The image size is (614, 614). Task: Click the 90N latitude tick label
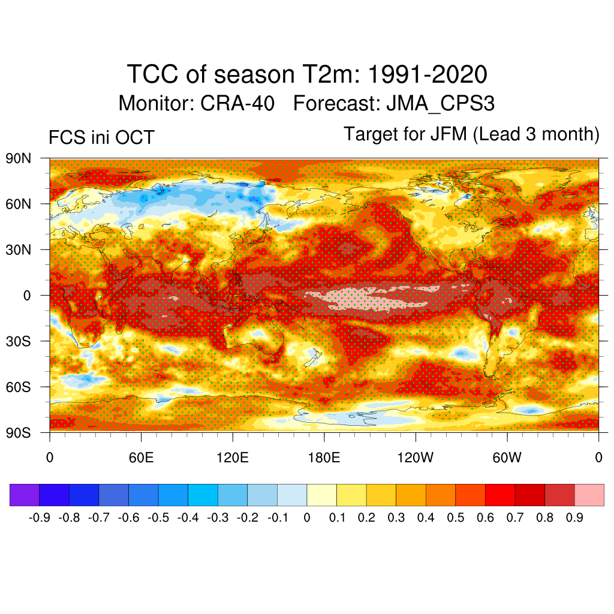[19, 159]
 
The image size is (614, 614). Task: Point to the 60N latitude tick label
[19, 204]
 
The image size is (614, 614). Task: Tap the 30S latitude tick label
[19, 341]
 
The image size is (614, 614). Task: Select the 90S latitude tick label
[19, 432]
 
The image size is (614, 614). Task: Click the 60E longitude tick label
[141, 458]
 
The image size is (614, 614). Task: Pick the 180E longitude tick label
[324, 458]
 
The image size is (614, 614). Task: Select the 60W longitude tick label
[507, 458]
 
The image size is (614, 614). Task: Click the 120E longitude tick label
[232, 458]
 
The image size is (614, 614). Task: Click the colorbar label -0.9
[39, 517]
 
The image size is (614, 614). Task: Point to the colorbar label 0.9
[574, 517]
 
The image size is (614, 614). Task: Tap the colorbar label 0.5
[455, 517]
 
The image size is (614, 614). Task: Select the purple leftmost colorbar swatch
[25, 495]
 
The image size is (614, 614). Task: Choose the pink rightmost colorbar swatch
[589, 495]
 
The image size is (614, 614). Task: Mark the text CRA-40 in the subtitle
[237, 103]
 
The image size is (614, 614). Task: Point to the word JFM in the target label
[448, 134]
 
